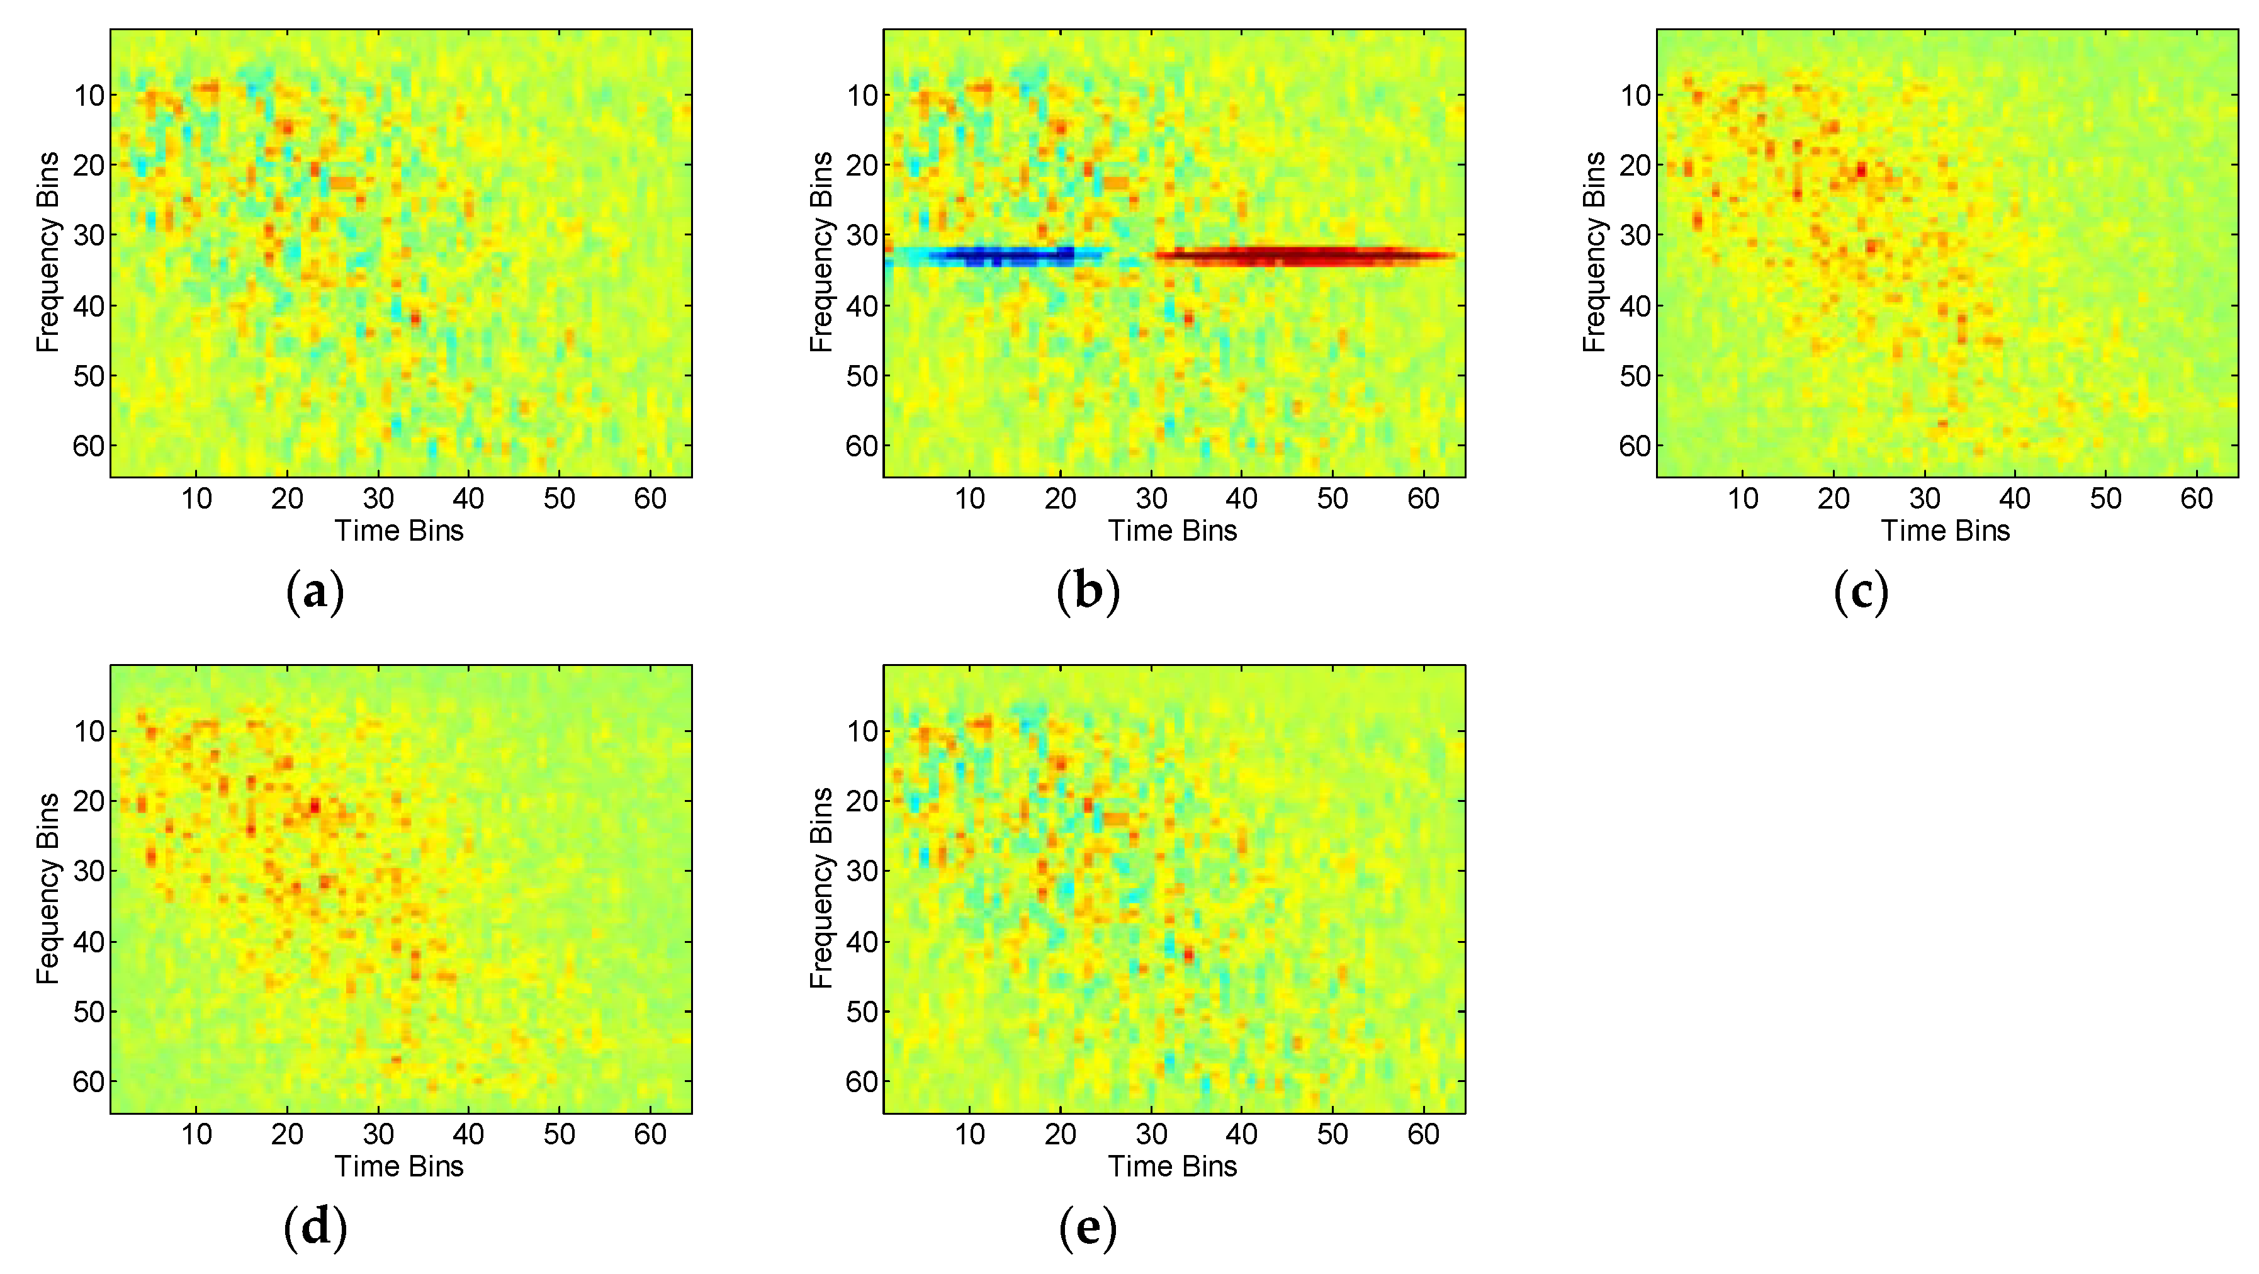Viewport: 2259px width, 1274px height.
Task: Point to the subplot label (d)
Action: [315, 1227]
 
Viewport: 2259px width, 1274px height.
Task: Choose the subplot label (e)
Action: [1088, 1227]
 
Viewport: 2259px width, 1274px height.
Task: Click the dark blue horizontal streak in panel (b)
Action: [1008, 256]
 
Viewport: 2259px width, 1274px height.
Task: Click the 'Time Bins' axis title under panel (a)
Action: [399, 531]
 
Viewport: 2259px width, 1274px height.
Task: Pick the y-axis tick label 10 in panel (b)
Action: [862, 96]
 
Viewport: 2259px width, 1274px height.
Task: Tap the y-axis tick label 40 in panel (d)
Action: [89, 942]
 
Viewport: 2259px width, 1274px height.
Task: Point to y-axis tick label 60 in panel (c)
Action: [1635, 446]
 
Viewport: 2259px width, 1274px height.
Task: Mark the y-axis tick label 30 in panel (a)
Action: [89, 235]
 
